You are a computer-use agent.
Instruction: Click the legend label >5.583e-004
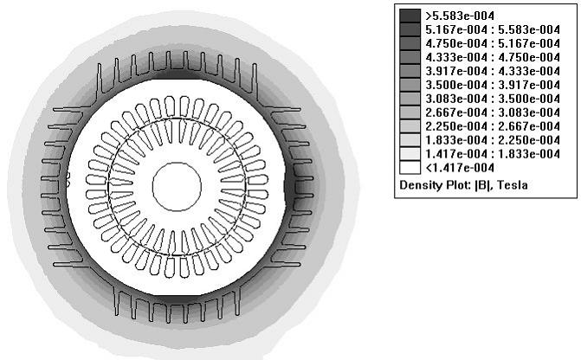[x=460, y=16]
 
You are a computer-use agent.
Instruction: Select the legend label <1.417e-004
[x=460, y=168]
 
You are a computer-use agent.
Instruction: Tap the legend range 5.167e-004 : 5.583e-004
[x=493, y=29]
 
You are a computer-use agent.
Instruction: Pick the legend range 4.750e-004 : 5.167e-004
[x=493, y=44]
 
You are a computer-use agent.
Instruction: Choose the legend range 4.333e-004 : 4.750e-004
[x=493, y=57]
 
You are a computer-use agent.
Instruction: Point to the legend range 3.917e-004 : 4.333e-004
[x=493, y=71]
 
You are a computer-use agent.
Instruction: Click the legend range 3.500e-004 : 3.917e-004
[x=493, y=85]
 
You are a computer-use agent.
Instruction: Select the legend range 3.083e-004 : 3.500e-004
[x=493, y=99]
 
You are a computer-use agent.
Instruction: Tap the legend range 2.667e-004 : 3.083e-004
[x=493, y=112]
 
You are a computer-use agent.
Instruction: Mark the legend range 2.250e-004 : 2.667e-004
[x=493, y=126]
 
